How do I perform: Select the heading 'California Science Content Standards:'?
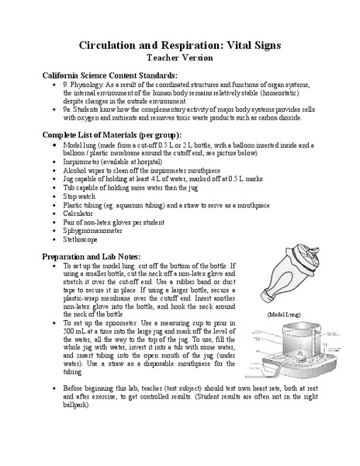(109, 75)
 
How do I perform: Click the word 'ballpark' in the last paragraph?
(76, 405)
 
